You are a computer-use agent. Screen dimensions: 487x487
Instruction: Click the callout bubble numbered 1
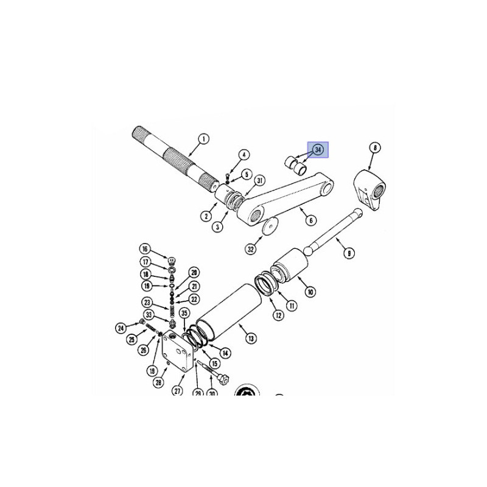(x=204, y=139)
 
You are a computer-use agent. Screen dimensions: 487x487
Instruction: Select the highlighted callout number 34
(x=318, y=150)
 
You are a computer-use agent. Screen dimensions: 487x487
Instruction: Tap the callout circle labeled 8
(x=375, y=148)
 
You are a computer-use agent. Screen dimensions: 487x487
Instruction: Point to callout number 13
(x=251, y=338)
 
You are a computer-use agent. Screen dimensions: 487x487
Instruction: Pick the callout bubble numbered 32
(x=251, y=249)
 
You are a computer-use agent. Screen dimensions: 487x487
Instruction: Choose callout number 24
(x=121, y=328)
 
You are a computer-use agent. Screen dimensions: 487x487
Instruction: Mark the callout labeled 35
(x=184, y=313)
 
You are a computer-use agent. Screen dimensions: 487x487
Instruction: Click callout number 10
(x=310, y=292)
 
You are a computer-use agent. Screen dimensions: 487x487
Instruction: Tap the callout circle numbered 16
(x=145, y=249)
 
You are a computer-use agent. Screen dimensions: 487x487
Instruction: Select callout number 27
(x=177, y=391)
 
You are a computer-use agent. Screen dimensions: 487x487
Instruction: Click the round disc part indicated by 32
(x=270, y=226)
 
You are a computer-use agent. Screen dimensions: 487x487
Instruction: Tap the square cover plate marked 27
(x=177, y=351)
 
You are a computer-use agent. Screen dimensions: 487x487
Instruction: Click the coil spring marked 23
(x=172, y=311)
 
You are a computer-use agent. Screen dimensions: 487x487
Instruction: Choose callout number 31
(x=259, y=181)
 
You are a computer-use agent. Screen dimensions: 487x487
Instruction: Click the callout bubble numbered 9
(x=349, y=253)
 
